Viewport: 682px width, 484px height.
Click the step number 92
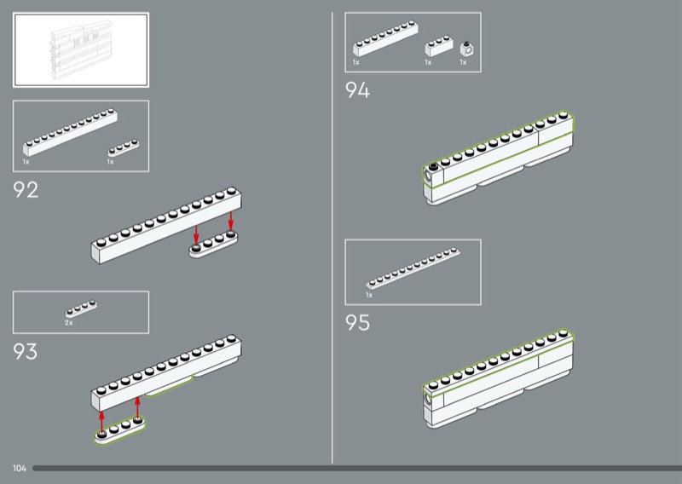[26, 190]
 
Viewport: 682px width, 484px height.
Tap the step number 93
[26, 351]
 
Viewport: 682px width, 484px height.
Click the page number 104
[20, 469]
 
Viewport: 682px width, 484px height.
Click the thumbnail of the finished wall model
[80, 49]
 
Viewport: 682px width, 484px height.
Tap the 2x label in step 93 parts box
[68, 324]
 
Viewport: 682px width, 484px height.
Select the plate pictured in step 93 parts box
[82, 308]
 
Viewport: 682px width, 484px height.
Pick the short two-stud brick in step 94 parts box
[438, 44]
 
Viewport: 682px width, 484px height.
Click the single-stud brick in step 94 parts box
[466, 48]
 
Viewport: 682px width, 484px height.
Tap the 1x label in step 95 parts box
[369, 295]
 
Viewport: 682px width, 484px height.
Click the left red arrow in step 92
[196, 233]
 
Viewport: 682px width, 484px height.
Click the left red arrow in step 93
[101, 419]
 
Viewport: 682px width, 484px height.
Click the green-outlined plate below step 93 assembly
[120, 429]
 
